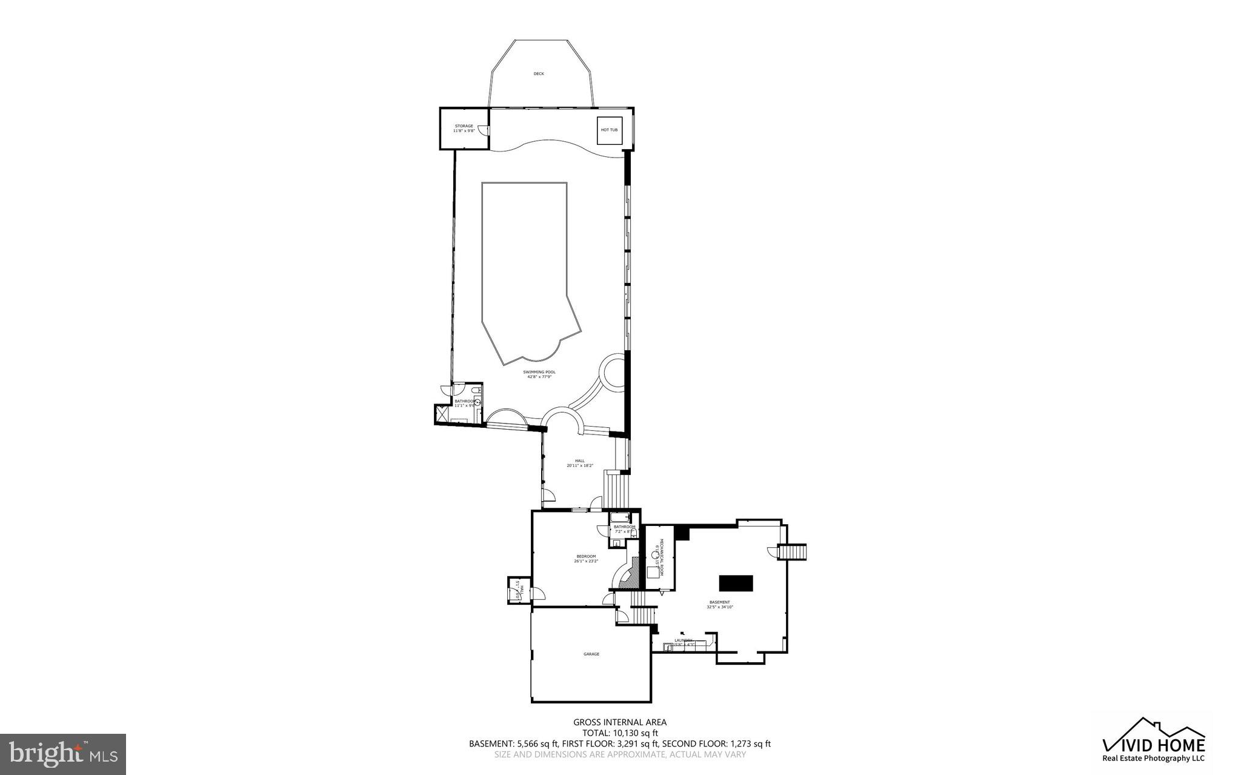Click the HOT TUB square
(x=610, y=130)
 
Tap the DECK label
(x=539, y=74)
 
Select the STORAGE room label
(x=464, y=126)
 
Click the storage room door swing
(x=482, y=130)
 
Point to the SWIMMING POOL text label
(x=539, y=372)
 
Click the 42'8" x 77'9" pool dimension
(x=539, y=377)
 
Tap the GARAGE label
(x=591, y=654)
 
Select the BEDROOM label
(x=586, y=556)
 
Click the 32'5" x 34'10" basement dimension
(x=720, y=607)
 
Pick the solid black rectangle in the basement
(x=736, y=582)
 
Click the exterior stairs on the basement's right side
(x=795, y=552)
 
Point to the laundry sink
(x=669, y=647)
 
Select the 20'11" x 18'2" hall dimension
(x=580, y=465)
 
